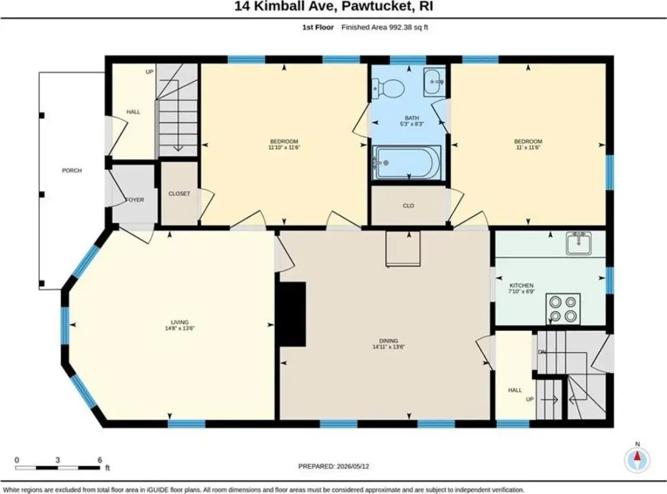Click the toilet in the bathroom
pos(388,89)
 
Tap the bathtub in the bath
pos(406,162)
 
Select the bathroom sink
pos(434,81)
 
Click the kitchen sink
pos(578,243)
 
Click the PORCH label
pos(72,171)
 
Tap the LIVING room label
pos(180,322)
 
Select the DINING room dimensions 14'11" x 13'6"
pos(388,347)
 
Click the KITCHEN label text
pos(522,285)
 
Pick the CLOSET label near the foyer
pos(179,194)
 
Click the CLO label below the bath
pos(408,206)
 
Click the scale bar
pos(57,468)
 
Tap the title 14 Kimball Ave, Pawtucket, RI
pos(333,7)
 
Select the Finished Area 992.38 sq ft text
pos(384,27)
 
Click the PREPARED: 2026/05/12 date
pos(333,467)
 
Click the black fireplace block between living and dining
pos(292,314)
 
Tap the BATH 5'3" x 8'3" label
pos(412,121)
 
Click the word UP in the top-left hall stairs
pos(149,72)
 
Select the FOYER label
pos(135,200)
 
